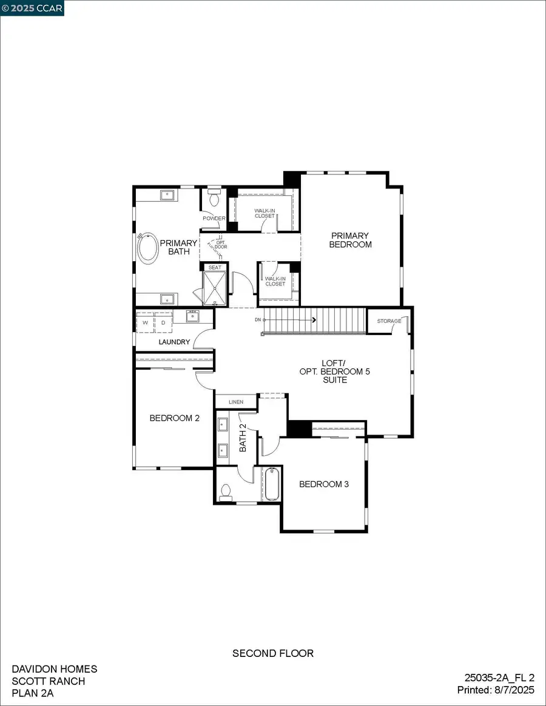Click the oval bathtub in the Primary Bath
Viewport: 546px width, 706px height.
point(148,248)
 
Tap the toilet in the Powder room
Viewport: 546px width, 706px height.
point(214,199)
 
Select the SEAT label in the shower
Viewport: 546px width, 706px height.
point(215,267)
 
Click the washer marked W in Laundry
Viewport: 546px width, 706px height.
point(146,322)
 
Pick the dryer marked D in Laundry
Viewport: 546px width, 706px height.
point(163,322)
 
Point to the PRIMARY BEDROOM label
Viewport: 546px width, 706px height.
point(350,240)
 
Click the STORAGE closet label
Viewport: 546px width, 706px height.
point(389,321)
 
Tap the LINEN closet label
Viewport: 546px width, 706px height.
point(236,402)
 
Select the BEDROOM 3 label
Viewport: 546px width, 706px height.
point(324,484)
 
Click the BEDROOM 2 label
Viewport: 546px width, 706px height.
point(175,418)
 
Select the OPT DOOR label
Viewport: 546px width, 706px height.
point(221,244)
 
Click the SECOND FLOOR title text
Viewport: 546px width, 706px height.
point(273,653)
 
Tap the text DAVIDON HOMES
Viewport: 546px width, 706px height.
point(55,669)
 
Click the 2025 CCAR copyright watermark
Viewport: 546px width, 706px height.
point(32,7)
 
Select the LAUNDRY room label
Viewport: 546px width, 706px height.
point(174,342)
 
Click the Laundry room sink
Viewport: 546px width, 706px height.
point(194,315)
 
